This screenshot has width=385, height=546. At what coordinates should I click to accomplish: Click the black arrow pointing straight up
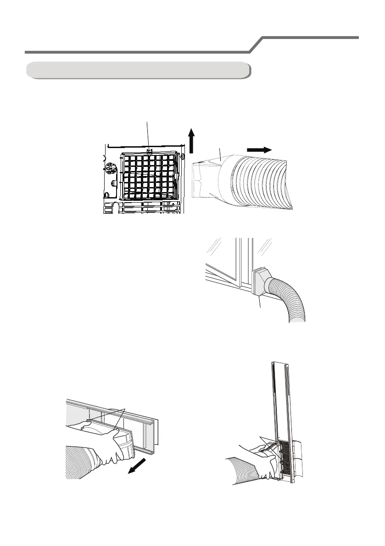192,141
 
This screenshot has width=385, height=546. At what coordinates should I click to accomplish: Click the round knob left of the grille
109,169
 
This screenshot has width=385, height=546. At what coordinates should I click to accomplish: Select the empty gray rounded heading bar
138,70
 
